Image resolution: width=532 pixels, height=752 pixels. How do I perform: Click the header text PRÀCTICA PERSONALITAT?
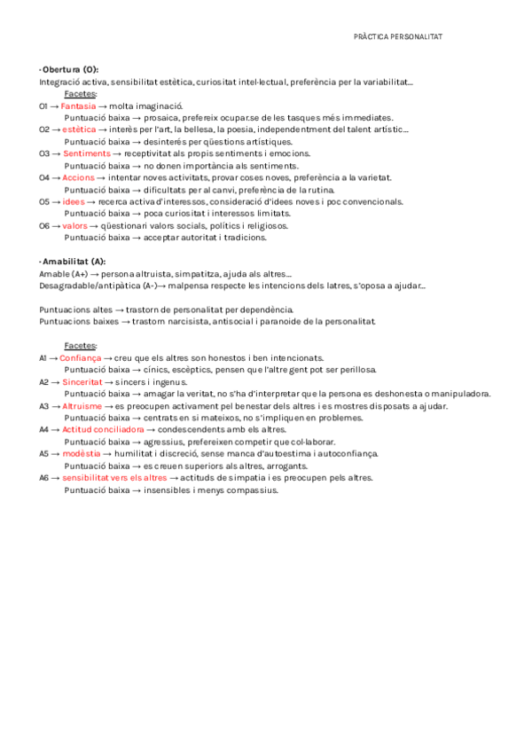[397, 37]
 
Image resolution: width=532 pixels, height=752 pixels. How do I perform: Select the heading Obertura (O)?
[70, 69]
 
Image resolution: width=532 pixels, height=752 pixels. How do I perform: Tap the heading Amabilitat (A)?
[74, 262]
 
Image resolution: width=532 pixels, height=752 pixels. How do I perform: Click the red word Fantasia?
[78, 106]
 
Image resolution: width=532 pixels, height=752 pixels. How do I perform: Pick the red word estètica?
[80, 129]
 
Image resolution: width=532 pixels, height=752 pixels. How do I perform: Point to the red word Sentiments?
[87, 153]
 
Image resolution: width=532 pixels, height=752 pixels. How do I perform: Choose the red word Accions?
[79, 177]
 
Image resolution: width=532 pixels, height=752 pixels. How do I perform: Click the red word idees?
[74, 201]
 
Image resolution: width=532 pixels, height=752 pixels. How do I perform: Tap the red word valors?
[74, 225]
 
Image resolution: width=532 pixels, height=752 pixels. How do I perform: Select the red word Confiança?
[81, 357]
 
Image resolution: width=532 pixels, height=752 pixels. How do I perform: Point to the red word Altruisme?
[82, 405]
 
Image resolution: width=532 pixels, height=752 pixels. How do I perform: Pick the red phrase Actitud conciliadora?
[103, 429]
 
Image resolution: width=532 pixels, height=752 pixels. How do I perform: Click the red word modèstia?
[82, 453]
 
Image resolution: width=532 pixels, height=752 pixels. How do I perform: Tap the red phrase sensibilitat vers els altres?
[114, 477]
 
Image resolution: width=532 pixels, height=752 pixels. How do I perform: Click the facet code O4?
[44, 177]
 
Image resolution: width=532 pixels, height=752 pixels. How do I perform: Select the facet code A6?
[44, 477]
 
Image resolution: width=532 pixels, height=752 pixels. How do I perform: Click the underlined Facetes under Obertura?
[81, 93]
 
